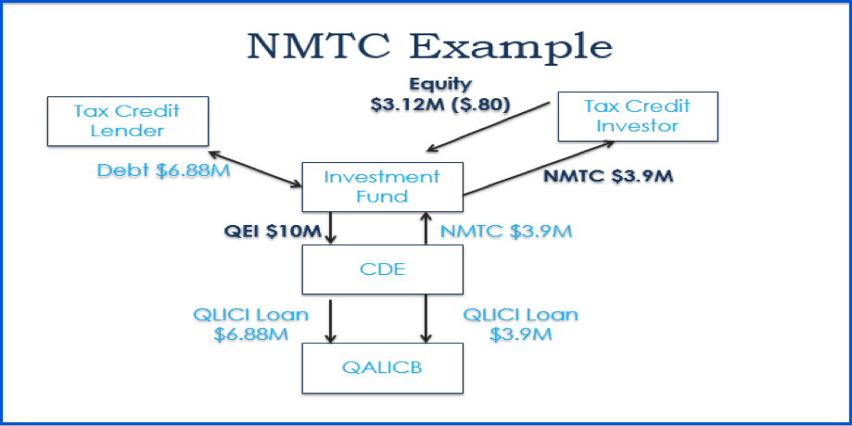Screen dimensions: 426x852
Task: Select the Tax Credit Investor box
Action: click(x=637, y=116)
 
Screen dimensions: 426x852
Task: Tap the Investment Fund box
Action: click(x=382, y=187)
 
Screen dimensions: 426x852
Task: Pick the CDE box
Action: click(x=382, y=270)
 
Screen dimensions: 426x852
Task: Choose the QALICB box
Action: click(x=382, y=368)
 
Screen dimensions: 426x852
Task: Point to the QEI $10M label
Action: click(x=273, y=232)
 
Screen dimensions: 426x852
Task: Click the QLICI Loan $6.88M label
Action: click(x=250, y=323)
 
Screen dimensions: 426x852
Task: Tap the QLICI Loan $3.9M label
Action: click(x=519, y=323)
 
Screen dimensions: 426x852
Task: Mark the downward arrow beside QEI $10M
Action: click(x=331, y=227)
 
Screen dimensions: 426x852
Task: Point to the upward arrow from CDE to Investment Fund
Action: click(x=426, y=227)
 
